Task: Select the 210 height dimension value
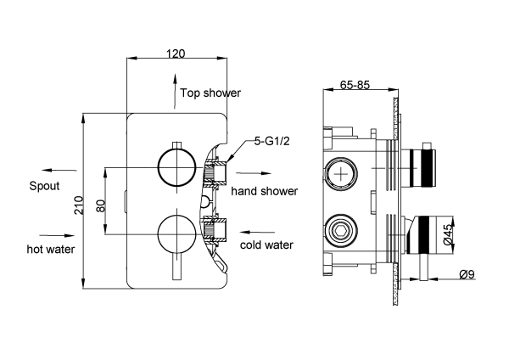pos(78,204)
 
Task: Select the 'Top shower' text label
pos(210,93)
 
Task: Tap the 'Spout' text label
pos(45,186)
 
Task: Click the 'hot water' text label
pos(50,249)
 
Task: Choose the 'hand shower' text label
pos(265,191)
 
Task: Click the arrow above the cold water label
pos(260,229)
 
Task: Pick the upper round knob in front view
pos(176,166)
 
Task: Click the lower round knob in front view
pos(176,231)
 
